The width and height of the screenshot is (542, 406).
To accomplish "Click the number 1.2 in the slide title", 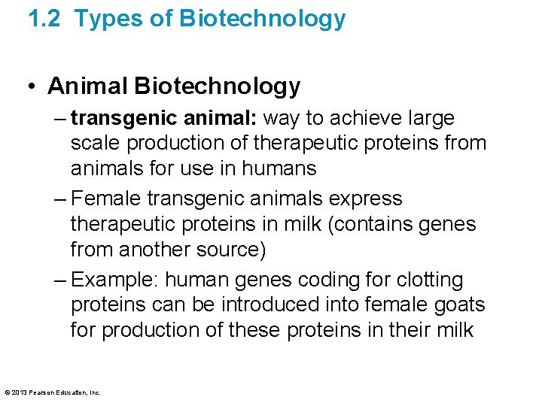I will pos(44,19).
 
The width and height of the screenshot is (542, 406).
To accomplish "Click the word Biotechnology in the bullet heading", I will pos(218,86).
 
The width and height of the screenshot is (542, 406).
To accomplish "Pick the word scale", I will pos(94,143).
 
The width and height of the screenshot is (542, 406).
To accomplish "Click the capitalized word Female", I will pos(106,199).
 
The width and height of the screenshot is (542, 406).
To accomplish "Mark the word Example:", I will pos(115,280).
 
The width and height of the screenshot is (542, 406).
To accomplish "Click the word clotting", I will pos(426,280).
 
